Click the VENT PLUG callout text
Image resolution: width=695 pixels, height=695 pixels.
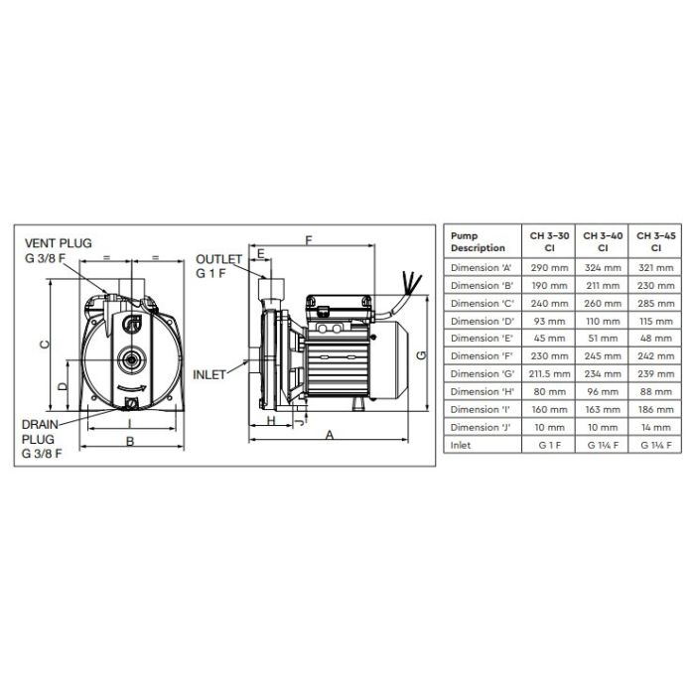[x=58, y=243]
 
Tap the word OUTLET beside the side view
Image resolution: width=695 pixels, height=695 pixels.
[x=218, y=259]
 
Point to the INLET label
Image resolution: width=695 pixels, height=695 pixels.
[x=209, y=375]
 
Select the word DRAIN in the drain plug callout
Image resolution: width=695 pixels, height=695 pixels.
[x=40, y=425]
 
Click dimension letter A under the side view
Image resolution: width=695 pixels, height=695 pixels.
[x=330, y=435]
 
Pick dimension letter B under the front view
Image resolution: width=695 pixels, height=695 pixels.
[x=130, y=442]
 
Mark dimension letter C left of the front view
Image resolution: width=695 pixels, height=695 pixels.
[x=45, y=345]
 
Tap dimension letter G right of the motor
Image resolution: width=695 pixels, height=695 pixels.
[x=422, y=354]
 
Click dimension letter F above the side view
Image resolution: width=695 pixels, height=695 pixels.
[x=309, y=240]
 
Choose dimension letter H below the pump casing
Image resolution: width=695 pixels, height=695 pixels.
[x=271, y=420]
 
